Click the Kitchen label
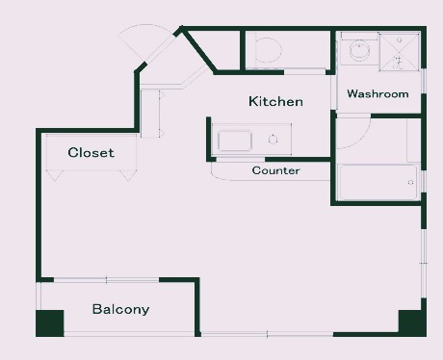tap(275, 101)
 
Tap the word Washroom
tap(378, 93)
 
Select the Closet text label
tap(91, 152)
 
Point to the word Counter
tap(275, 170)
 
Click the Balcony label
tap(120, 309)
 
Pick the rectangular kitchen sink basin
tap(235, 141)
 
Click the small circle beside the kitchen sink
tap(273, 140)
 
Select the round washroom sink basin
tap(359, 51)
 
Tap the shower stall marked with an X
tap(400, 51)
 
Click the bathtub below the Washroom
tap(378, 182)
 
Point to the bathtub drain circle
tap(410, 183)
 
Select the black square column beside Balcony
tap(50, 323)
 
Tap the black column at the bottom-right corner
tap(412, 322)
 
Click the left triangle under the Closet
tap(55, 175)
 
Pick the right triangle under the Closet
tap(128, 175)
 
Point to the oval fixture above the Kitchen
tap(269, 50)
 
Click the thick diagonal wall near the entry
tap(199, 50)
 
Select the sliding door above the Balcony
tap(106, 280)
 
